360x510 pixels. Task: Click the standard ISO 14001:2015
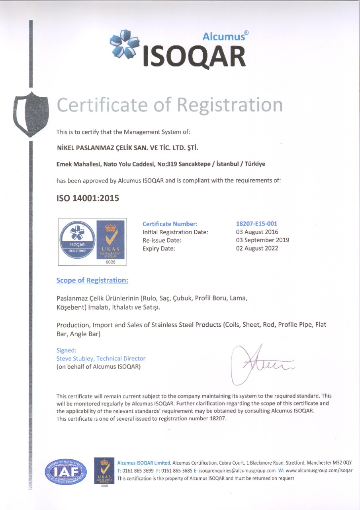point(88,198)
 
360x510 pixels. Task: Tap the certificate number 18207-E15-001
point(257,224)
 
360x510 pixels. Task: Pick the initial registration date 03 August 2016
point(257,232)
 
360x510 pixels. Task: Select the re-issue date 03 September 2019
point(263,240)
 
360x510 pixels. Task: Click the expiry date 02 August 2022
point(257,248)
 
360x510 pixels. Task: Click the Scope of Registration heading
point(92,280)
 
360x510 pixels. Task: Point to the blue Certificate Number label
point(170,224)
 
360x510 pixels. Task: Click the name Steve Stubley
point(76,359)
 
